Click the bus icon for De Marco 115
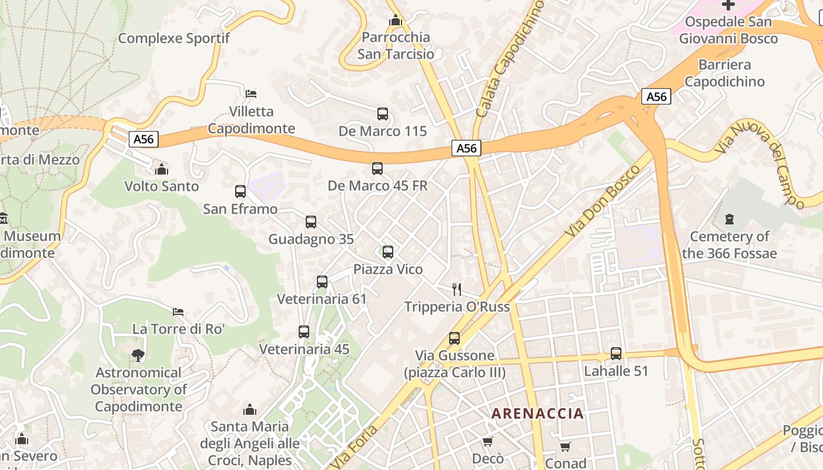tap(382, 114)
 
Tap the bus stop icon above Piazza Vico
tap(387, 252)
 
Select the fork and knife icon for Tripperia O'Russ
tap(456, 290)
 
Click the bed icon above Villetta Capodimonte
tap(251, 94)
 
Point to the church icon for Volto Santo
tap(161, 170)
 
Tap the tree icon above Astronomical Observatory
tap(138, 355)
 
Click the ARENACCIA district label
tap(537, 414)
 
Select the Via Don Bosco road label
tap(602, 202)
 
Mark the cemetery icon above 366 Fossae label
tap(729, 220)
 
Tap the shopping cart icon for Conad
tap(565, 446)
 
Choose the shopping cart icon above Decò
tap(487, 441)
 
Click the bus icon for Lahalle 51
tap(615, 354)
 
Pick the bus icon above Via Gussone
tap(454, 338)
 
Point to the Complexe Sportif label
tap(174, 39)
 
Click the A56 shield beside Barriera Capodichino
tap(656, 97)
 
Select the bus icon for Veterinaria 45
tap(303, 332)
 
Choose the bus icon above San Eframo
tap(240, 192)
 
